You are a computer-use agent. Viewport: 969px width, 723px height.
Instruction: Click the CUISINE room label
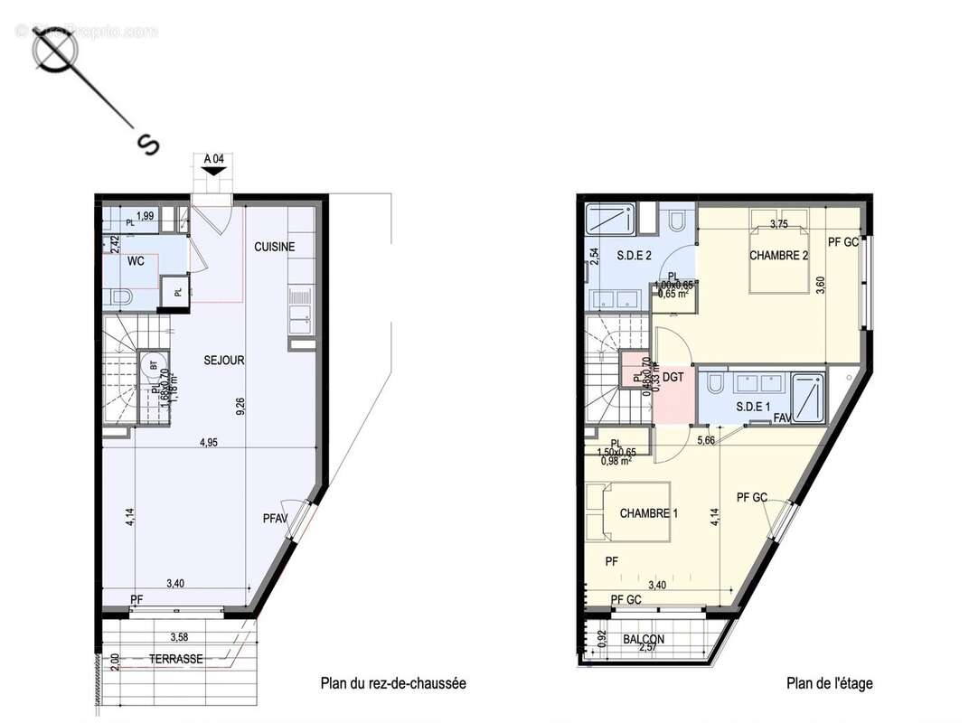pos(274,247)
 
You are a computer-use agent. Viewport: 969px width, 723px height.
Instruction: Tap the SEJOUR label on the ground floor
pos(223,361)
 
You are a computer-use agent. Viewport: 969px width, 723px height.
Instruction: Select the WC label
pos(136,262)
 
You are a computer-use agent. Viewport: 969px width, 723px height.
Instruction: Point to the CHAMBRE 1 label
pos(648,513)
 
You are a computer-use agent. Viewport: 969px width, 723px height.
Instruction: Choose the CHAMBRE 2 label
pos(778,256)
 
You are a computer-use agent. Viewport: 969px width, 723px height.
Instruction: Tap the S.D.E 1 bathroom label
pos(753,407)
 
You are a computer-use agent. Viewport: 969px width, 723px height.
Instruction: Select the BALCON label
pos(644,639)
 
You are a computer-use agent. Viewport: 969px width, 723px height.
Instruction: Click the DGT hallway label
pos(672,378)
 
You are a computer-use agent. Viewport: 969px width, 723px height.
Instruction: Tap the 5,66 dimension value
pos(708,441)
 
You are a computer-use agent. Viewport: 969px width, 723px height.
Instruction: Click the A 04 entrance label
pos(213,159)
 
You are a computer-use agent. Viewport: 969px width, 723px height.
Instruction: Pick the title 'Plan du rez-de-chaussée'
pos(393,684)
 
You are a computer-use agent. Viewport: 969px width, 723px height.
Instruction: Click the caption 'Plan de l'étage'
pos(829,684)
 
